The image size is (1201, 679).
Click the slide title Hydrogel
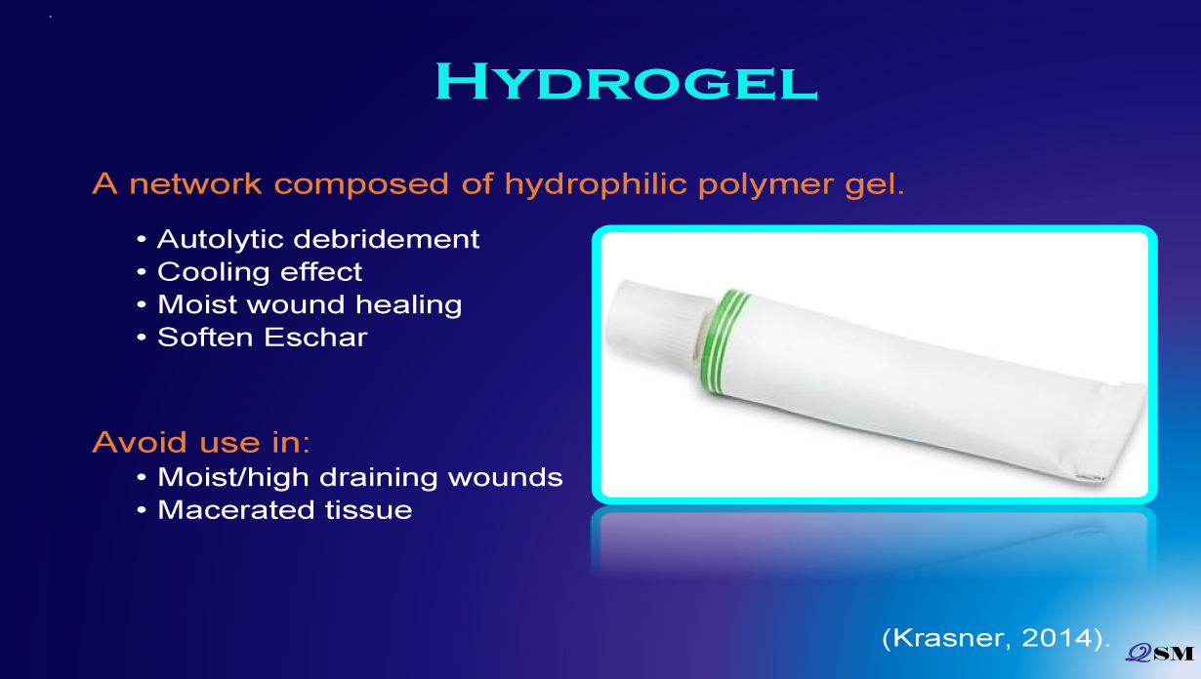[626, 81]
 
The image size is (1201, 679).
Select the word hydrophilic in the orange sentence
[596, 184]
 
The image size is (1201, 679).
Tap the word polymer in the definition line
[766, 185]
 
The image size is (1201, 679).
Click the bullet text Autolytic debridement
[318, 239]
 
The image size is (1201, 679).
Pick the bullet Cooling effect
[260, 271]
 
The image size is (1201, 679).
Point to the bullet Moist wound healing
[310, 304]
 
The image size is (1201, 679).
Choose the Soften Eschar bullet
[263, 338]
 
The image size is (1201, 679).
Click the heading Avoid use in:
[201, 443]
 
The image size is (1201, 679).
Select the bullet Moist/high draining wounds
[359, 477]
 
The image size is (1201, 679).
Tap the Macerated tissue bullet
[285, 510]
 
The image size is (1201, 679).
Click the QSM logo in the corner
[1159, 654]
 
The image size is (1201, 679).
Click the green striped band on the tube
[724, 342]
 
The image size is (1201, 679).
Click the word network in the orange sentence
[195, 184]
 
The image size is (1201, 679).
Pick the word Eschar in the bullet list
[315, 338]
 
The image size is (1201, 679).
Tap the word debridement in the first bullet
[386, 239]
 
